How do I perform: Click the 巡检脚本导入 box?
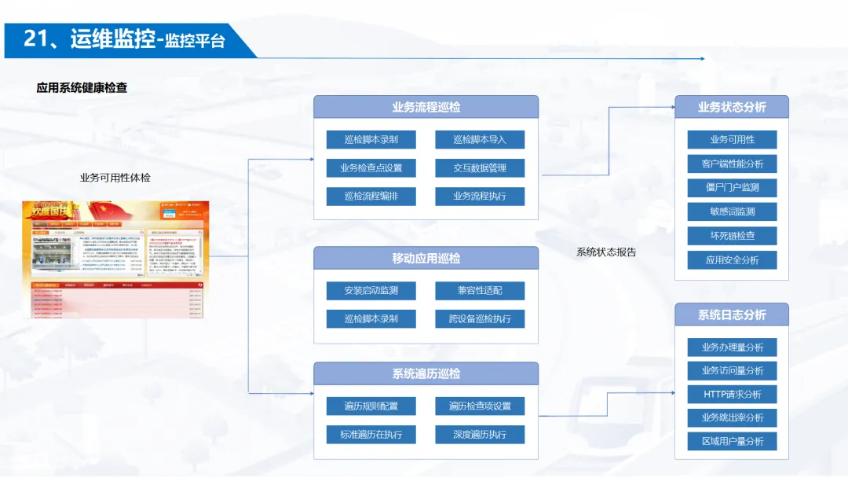click(480, 140)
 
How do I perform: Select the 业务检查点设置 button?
click(371, 168)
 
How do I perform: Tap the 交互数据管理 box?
click(480, 168)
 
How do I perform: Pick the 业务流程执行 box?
click(480, 197)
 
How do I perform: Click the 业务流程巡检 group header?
click(426, 108)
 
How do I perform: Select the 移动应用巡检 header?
click(426, 259)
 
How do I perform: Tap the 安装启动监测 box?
click(371, 291)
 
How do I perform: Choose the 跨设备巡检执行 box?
click(480, 319)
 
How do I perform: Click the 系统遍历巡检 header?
click(426, 374)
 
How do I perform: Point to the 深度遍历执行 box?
click(480, 435)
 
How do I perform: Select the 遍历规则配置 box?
click(371, 406)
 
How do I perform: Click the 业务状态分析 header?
click(732, 108)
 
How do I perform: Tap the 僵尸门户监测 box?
click(732, 188)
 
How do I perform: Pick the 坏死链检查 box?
click(732, 236)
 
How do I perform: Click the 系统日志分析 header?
click(732, 315)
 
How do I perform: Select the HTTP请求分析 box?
click(732, 395)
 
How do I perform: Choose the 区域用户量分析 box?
click(732, 442)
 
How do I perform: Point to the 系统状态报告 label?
click(606, 252)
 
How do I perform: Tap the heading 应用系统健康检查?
click(82, 88)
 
